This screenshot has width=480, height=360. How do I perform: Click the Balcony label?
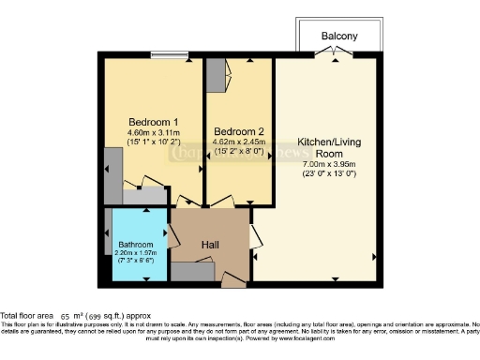coord(339,37)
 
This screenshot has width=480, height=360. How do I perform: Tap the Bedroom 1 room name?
coord(153,122)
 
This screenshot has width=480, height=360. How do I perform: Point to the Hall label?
coord(211,245)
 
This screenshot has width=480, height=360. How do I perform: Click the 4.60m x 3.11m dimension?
coord(153,133)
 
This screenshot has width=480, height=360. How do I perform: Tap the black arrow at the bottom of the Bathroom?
coord(145,278)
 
